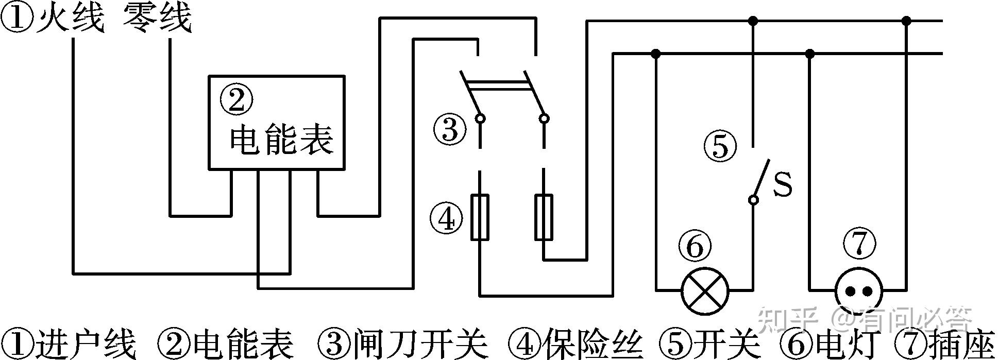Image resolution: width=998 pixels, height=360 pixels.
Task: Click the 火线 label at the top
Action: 70,19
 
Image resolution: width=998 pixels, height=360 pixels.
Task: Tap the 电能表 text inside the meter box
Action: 281,139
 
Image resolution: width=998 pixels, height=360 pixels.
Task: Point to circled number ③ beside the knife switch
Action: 450,130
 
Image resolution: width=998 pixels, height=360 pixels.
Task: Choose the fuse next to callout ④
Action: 480,217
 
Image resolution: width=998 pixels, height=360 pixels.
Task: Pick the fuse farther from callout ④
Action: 544,217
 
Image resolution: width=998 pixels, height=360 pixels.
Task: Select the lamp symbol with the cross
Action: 705,290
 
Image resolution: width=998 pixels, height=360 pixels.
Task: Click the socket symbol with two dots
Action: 858,290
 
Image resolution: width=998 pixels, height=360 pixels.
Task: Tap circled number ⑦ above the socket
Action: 859,244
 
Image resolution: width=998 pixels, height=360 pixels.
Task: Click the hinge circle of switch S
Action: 753,200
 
